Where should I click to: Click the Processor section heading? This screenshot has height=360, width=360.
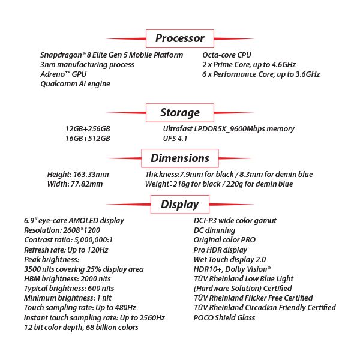pos(180,38)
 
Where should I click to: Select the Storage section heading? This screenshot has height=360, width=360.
pos(180,112)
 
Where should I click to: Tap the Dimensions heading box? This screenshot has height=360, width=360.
pos(180,158)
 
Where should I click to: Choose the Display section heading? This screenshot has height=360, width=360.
pos(180,204)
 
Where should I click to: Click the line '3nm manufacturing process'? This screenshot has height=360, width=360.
pos(87,65)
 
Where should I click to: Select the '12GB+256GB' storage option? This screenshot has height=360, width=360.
pos(88,129)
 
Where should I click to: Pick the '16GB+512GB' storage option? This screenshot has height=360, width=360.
pos(88,139)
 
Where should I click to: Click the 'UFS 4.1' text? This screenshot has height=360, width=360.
pos(176,139)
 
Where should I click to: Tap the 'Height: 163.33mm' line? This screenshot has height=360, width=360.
pos(78,175)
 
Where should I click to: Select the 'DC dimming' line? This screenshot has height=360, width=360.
pos(215,230)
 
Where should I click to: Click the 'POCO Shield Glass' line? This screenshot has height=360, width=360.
pos(225,317)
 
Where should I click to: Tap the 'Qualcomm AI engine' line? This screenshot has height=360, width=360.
pos(75,84)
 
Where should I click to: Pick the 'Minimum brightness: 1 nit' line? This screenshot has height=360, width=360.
pos(68,298)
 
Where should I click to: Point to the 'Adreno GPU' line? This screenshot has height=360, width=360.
pos(64,74)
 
